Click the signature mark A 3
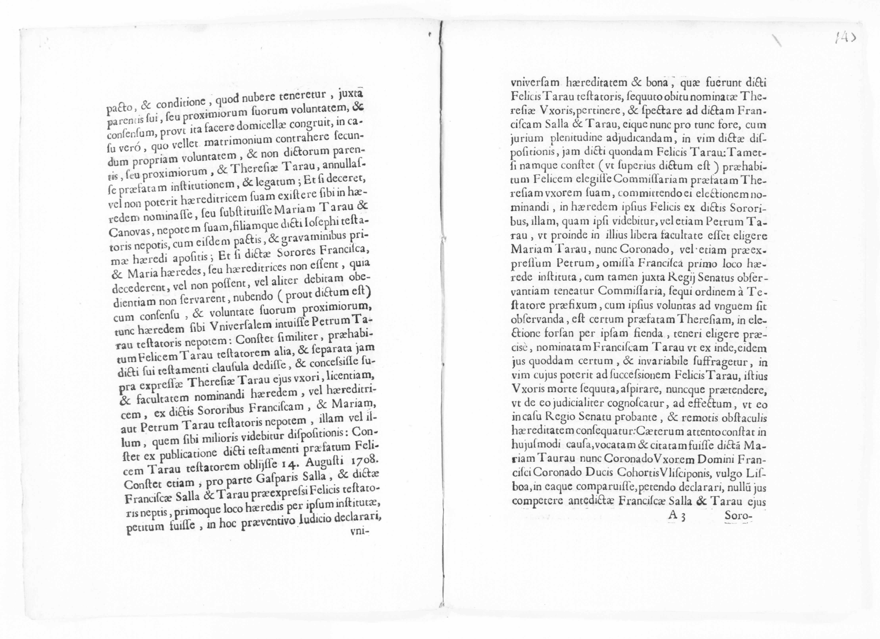coord(676,517)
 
